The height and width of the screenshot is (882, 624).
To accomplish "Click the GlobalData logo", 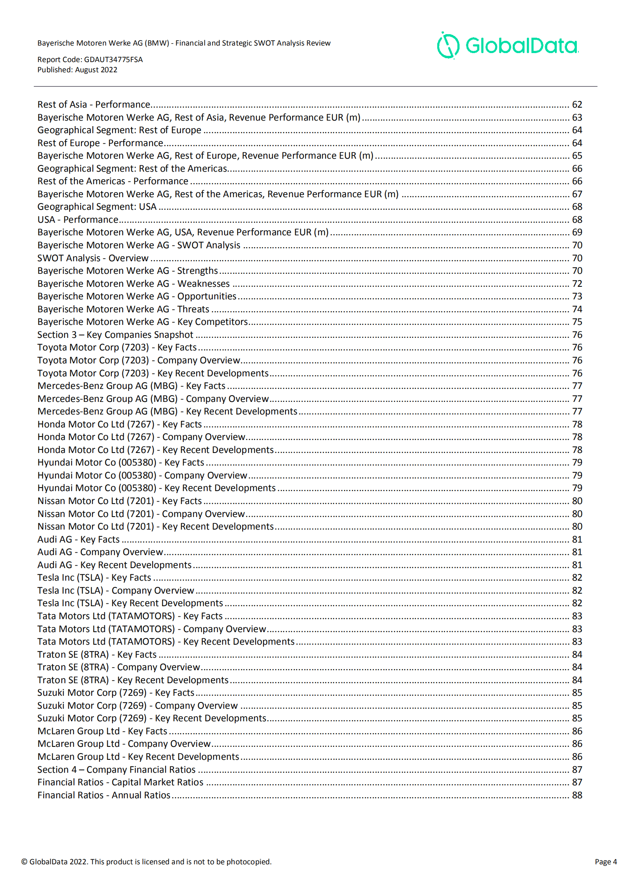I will (x=507, y=45).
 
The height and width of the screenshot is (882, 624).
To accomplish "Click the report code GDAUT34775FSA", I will (x=113, y=59).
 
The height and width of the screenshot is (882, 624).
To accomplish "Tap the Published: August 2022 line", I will (x=77, y=70).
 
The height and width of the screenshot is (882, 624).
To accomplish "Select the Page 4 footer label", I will (x=605, y=862).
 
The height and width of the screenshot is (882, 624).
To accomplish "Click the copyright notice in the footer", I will (x=146, y=862).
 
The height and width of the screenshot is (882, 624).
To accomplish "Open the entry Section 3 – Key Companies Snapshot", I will (x=115, y=335).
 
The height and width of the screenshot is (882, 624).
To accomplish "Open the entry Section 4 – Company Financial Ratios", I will (x=116, y=769).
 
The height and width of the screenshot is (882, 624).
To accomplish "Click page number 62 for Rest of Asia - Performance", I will (x=576, y=105).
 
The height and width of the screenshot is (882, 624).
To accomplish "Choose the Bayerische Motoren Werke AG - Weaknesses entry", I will (x=133, y=284).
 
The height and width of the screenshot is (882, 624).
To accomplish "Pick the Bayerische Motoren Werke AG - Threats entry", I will (x=123, y=309).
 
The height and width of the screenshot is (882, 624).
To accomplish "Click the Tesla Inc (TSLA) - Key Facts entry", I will (x=94, y=578).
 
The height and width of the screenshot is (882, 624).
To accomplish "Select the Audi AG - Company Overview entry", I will (x=100, y=552).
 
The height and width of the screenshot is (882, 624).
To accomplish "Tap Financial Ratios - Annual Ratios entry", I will (x=104, y=795).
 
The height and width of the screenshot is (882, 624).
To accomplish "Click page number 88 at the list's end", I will (x=576, y=795).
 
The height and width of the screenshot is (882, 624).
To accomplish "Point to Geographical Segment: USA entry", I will (x=97, y=207).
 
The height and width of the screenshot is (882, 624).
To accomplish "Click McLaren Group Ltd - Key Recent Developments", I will (x=138, y=756).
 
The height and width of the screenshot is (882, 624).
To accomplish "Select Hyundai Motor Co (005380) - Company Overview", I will (x=142, y=475).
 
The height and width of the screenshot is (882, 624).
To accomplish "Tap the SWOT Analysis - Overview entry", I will (x=93, y=258).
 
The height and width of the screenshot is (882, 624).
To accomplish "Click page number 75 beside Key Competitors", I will (x=576, y=322).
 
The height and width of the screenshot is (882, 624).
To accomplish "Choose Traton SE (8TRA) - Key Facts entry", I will (x=97, y=654).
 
